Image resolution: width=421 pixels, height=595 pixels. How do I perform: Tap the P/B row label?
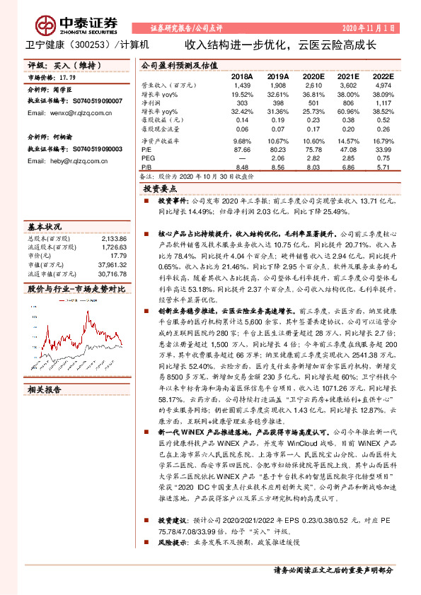(x=146, y=168)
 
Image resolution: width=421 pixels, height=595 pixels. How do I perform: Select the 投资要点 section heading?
(x=160, y=190)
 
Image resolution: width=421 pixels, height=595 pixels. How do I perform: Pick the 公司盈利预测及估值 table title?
(x=179, y=64)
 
